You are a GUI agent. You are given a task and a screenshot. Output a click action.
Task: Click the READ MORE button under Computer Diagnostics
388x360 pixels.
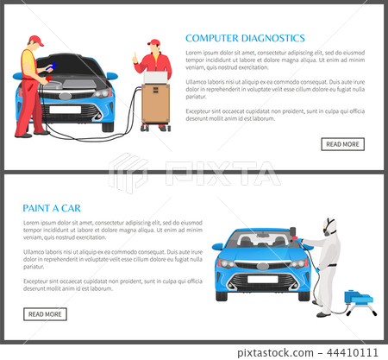click(x=342, y=144)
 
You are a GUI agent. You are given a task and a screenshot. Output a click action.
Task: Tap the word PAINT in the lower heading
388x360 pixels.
click(x=39, y=208)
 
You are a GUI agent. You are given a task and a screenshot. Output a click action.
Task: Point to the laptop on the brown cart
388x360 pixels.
click(x=156, y=78)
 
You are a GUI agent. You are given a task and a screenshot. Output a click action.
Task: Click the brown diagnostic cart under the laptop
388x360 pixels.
click(x=155, y=104)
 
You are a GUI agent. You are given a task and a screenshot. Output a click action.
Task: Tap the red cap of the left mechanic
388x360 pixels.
click(x=34, y=40)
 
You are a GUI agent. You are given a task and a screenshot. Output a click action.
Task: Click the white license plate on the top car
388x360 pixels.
click(x=65, y=110)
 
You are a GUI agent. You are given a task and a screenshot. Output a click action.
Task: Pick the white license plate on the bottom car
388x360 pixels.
click(x=263, y=279)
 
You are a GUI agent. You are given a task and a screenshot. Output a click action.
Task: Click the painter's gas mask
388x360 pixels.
click(x=328, y=228)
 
